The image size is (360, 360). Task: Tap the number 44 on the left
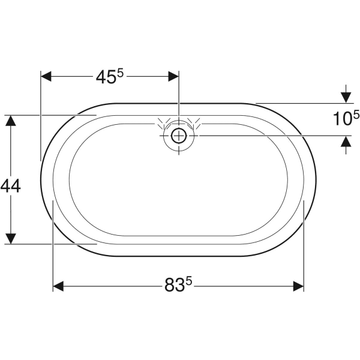(11, 186)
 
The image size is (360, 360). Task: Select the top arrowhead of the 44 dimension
(10, 121)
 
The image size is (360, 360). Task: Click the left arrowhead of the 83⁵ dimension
(59, 286)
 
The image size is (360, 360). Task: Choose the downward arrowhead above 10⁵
(346, 97)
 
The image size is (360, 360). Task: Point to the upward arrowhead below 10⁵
(346, 142)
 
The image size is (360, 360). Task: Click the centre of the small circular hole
(179, 136)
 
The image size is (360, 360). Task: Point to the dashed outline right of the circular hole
(194, 124)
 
